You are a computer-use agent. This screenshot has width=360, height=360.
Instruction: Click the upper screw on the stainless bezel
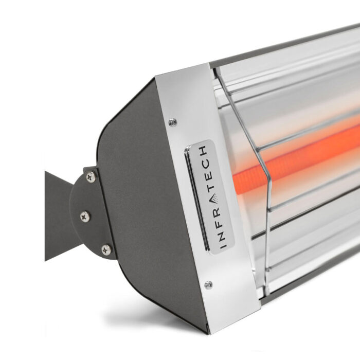click(x=173, y=122)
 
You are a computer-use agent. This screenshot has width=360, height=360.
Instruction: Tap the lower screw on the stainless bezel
click(x=208, y=285)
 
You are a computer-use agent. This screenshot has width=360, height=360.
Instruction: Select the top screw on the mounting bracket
click(x=91, y=177)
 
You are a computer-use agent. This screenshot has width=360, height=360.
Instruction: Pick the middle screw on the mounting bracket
click(x=85, y=217)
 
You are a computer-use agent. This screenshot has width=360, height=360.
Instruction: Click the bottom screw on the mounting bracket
click(x=106, y=249)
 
